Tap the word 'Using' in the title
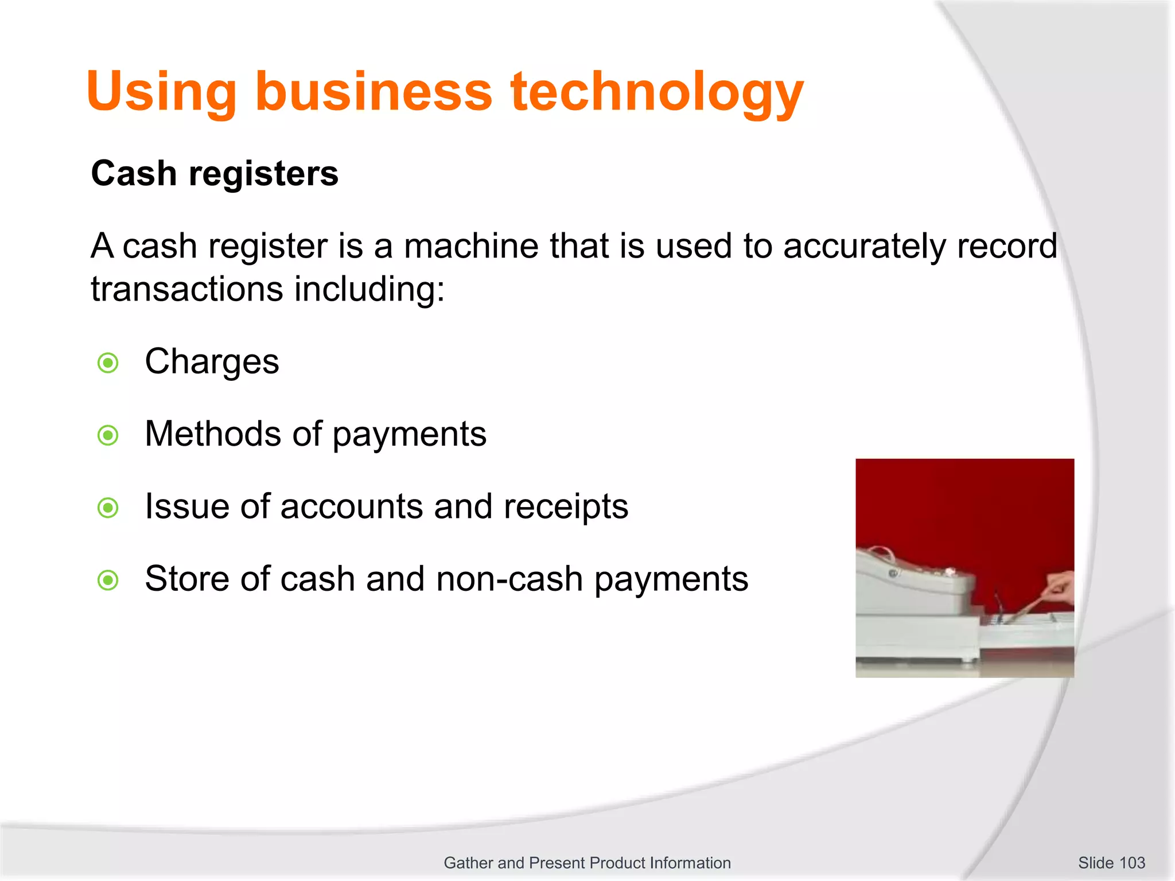[161, 92]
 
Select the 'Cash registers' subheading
[215, 174]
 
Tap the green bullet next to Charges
[108, 363]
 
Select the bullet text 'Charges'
[212, 362]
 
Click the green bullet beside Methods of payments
[108, 435]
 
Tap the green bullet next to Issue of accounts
[108, 508]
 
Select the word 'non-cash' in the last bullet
[509, 579]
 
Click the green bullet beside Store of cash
[108, 580]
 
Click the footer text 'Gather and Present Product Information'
[587, 863]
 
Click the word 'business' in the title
[373, 92]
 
